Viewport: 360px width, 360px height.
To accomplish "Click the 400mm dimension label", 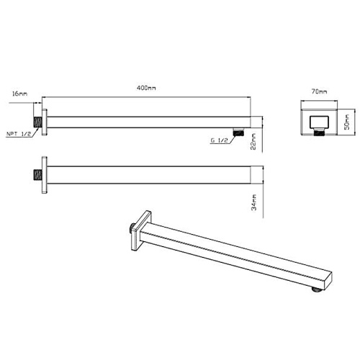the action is [146, 88].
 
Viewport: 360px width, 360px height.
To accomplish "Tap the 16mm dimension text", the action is [19, 94].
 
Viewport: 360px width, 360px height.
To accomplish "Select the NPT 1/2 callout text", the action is [19, 134].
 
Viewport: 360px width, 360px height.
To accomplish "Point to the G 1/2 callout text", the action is [219, 140].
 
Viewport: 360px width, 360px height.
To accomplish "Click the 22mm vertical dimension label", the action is [253, 141].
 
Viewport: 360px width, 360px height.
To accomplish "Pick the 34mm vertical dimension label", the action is [253, 202].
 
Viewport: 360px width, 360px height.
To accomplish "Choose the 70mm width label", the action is [319, 91].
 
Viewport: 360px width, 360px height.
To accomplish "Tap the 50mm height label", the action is [347, 122].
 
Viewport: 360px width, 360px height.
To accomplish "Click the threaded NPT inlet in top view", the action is [37, 122].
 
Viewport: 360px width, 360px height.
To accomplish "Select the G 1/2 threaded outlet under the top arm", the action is [238, 132].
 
